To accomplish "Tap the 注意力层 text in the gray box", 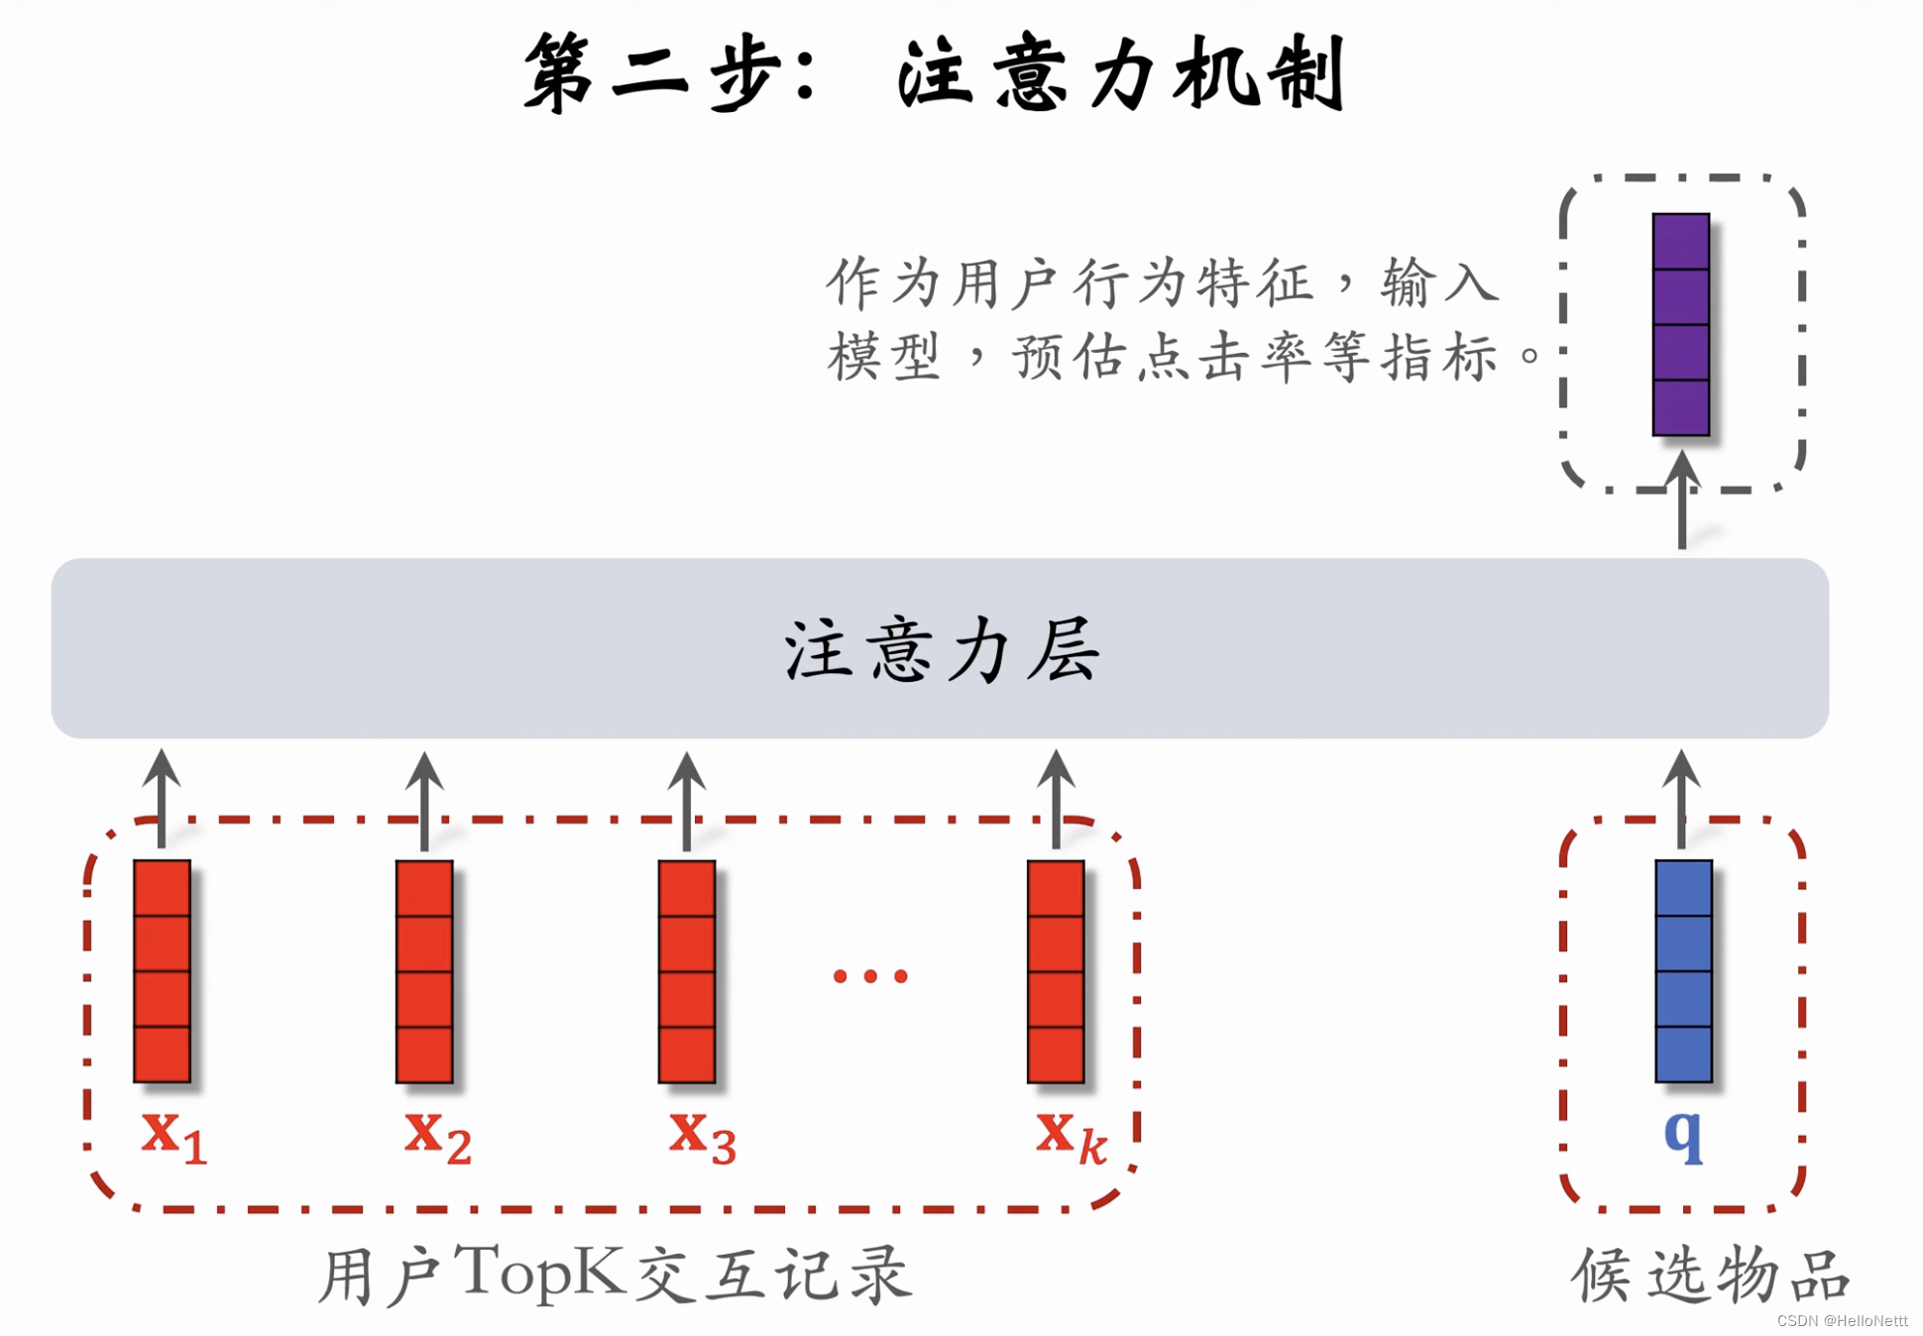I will [941, 649].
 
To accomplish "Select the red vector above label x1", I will [163, 971].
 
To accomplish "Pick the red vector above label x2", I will [424, 971].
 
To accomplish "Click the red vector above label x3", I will [687, 971].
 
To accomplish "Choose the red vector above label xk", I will [1056, 971].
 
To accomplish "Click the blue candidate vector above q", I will [1683, 971].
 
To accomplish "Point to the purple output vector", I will [1681, 324].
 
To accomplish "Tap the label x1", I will [173, 1135].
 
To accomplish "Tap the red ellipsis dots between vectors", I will [870, 976].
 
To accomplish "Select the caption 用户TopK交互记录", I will [615, 1275].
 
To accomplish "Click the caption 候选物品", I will [1710, 1275].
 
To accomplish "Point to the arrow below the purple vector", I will [1682, 501].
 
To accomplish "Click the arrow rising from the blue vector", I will [1681, 798].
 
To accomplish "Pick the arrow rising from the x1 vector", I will [162, 798].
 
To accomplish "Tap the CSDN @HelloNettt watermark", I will [1842, 1321].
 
